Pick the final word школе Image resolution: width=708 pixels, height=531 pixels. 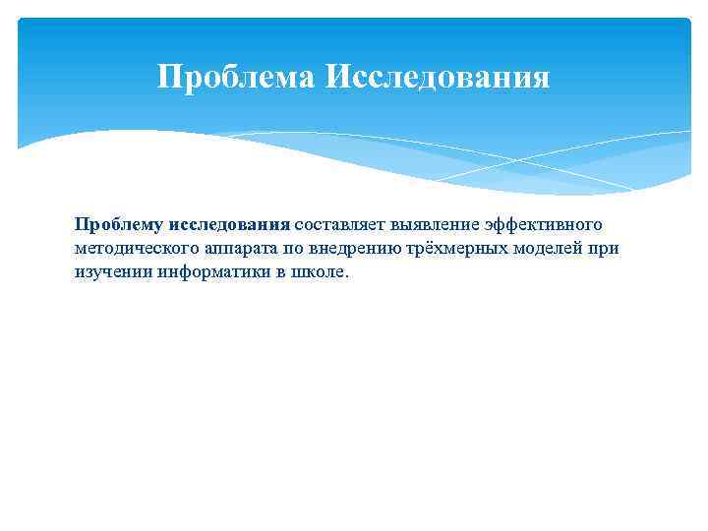pyautogui.click(x=319, y=272)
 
